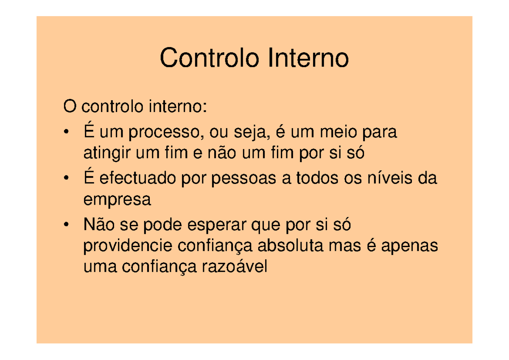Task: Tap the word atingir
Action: pyautogui.click(x=106, y=153)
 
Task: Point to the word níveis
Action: pyautogui.click(x=384, y=179)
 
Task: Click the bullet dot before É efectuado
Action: pyautogui.click(x=65, y=178)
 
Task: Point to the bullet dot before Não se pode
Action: pyautogui.click(x=65, y=225)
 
